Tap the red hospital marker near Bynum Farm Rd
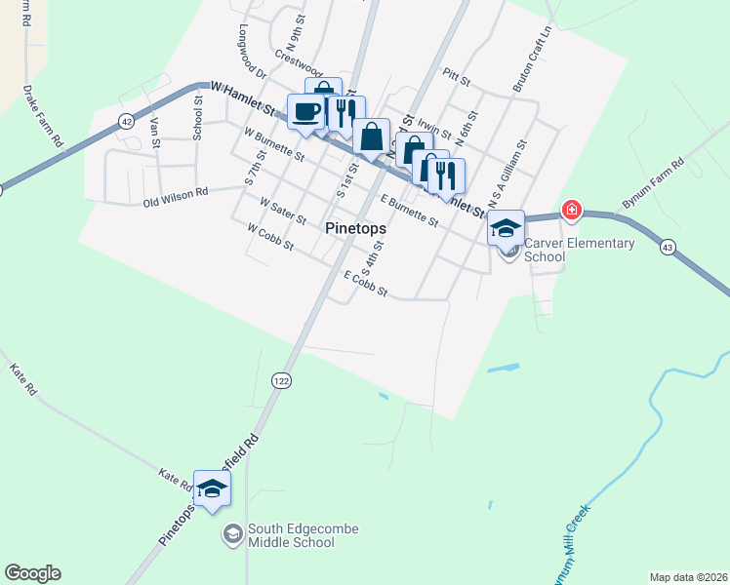(x=571, y=211)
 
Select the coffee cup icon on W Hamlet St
(x=305, y=112)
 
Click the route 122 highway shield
(x=282, y=380)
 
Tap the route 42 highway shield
(x=127, y=121)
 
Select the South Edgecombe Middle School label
(x=303, y=535)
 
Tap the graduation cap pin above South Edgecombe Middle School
(x=211, y=489)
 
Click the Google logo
(x=32, y=573)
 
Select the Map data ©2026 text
(x=688, y=577)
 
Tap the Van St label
(x=155, y=132)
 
